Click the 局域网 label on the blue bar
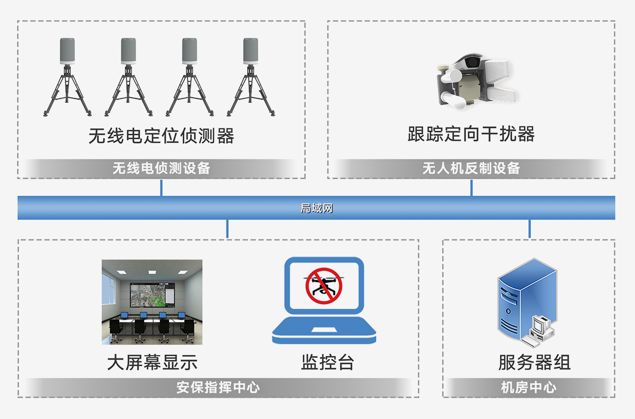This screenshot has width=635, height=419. [317, 208]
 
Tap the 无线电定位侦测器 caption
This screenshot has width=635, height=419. [161, 136]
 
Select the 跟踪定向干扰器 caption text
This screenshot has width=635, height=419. [471, 134]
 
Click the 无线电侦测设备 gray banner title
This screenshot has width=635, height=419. [161, 168]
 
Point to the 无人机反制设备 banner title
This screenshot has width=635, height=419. [471, 168]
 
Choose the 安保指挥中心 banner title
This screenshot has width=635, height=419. [218, 387]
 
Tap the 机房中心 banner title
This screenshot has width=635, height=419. [529, 387]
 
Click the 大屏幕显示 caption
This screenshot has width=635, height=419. [152, 362]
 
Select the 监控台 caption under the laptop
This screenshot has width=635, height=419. [327, 362]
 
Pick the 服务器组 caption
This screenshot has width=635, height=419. [534, 362]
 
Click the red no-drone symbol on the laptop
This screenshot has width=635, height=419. [324, 286]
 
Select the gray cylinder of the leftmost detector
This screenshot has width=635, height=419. [67, 51]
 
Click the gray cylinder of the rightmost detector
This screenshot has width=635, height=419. [251, 51]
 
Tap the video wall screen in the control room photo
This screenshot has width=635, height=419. [152, 295]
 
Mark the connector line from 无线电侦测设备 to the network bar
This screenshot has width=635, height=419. [161, 187]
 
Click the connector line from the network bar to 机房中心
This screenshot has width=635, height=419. [529, 229]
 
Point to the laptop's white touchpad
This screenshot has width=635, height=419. [324, 329]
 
